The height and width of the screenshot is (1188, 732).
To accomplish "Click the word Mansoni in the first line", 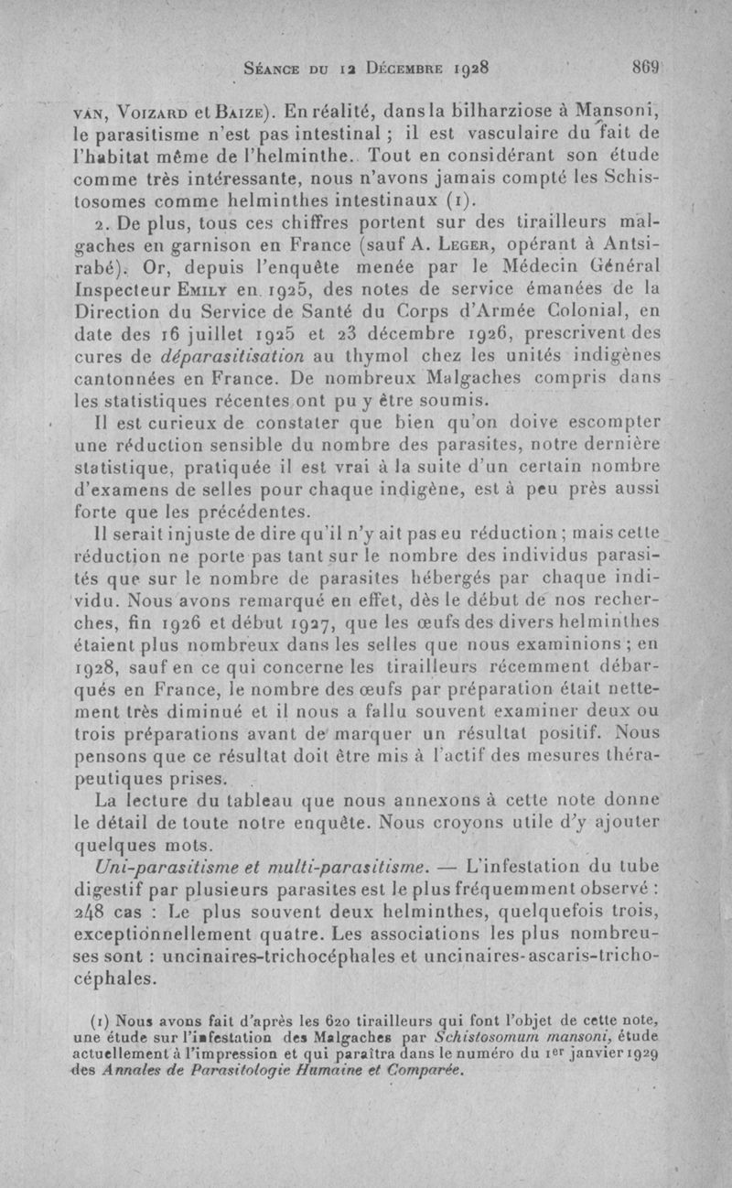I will (x=623, y=112).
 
